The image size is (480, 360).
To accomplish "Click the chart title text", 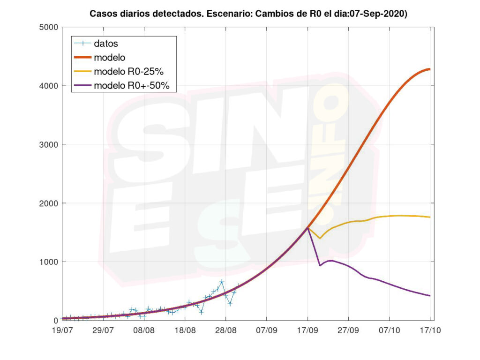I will click(248, 15).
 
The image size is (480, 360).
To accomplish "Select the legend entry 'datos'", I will click(106, 44).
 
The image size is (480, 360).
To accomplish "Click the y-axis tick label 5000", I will click(48, 27).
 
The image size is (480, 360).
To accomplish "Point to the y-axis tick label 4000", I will click(48, 86).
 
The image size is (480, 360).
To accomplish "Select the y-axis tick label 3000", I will click(48, 144).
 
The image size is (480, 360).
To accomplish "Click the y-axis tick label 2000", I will click(48, 203).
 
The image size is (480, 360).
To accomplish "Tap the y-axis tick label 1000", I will click(48, 262).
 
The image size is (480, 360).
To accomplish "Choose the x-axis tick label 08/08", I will click(144, 330).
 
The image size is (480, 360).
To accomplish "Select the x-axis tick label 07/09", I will click(267, 330).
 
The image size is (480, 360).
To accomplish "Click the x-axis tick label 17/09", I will click(307, 330).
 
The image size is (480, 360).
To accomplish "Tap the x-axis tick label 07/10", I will click(390, 330).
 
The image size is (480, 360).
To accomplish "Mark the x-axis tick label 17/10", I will click(430, 330).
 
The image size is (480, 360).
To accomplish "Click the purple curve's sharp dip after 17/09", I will click(320, 265).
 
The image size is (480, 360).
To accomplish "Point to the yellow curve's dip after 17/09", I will click(320, 238).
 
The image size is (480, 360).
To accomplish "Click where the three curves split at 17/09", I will click(308, 227).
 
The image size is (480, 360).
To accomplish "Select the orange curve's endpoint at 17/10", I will click(430, 69).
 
